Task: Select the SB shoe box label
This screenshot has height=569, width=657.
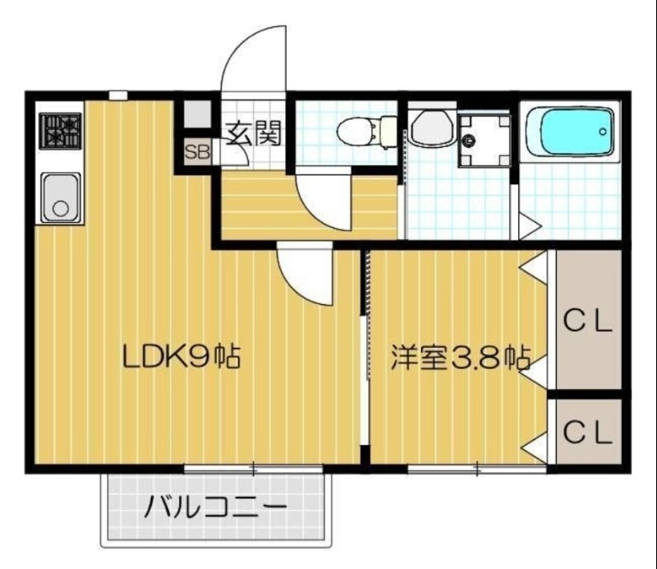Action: (197, 151)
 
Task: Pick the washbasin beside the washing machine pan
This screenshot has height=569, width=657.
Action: (430, 128)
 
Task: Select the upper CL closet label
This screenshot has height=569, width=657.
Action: (587, 322)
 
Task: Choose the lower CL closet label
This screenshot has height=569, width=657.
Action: (587, 431)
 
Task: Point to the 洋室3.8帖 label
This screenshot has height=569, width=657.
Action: (458, 359)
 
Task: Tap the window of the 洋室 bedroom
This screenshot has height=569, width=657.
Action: (476, 470)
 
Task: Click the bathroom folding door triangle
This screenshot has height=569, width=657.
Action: (528, 223)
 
